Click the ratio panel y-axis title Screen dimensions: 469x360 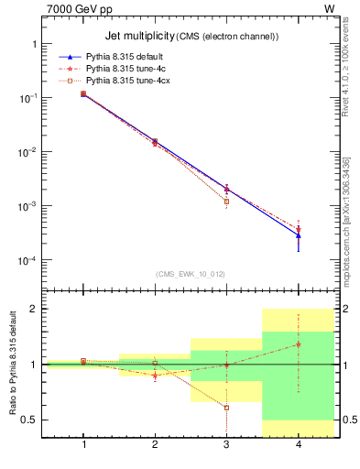tap(13, 365)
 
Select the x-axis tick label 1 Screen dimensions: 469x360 tap(83, 444)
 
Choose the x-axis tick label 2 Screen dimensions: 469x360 tap(155, 444)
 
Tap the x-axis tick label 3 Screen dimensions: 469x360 tap(226, 444)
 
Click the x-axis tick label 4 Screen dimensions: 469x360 tap(298, 444)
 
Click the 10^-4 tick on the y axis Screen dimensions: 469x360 tap(33, 261)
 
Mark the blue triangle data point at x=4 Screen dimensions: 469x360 tap(298, 235)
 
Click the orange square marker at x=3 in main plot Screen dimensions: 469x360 tap(226, 202)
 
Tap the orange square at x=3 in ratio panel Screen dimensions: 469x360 tap(226, 408)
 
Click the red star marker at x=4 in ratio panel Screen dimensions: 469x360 tap(298, 344)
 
